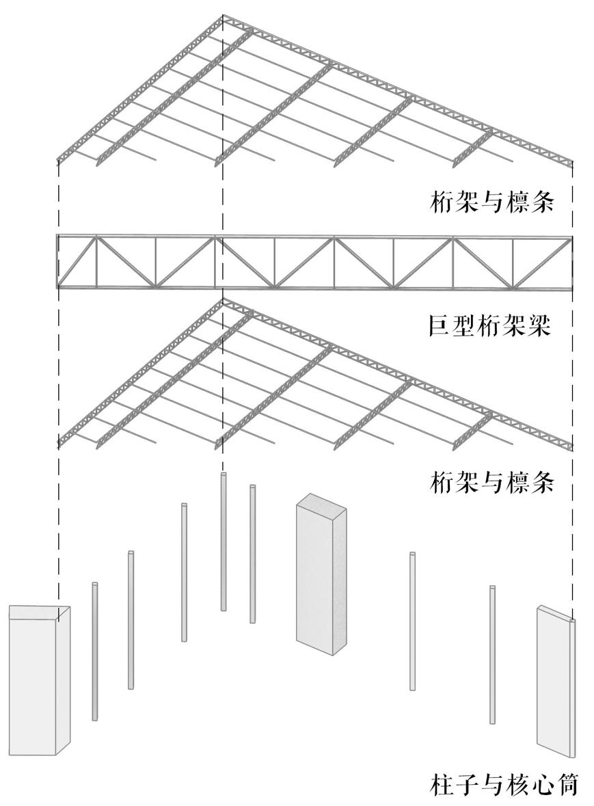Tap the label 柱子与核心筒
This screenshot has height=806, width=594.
505,783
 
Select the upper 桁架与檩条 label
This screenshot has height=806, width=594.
491,202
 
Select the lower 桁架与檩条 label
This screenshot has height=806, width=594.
491,483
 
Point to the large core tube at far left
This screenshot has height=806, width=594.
38,684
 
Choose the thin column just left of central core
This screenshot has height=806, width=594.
253,554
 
